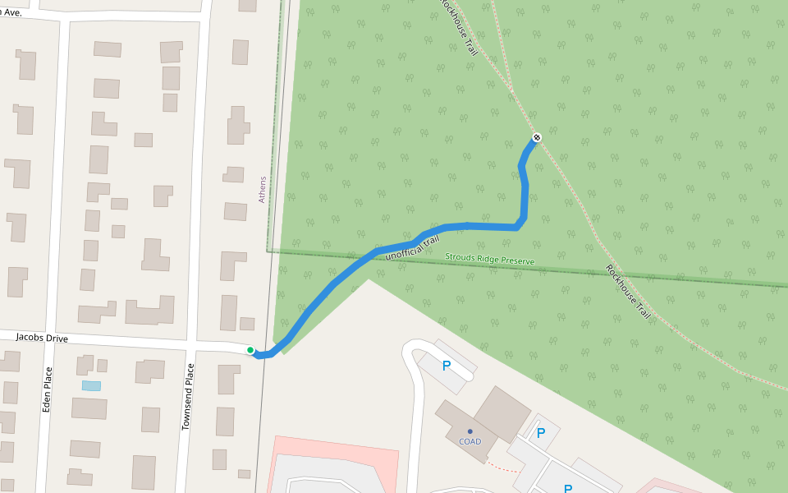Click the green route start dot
250,350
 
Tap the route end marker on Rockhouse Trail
536,137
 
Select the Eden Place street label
47,389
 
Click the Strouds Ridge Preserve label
489,260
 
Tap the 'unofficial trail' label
413,246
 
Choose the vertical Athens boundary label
263,189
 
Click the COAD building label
470,441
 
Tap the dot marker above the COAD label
470,431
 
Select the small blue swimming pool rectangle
91,385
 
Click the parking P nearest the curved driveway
447,366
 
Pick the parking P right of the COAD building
540,432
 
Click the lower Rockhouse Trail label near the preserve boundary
628,292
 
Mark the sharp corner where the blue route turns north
518,227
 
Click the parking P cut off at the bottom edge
567,488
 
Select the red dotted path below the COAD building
502,468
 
